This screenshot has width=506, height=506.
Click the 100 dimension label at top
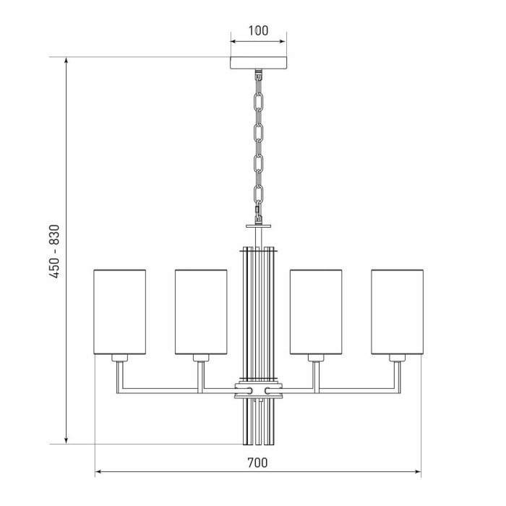[258, 30]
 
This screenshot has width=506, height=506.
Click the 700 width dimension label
[257, 463]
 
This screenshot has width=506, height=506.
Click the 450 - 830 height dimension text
[55, 251]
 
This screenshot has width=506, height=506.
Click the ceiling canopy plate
[258, 63]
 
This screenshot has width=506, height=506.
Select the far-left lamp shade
[120, 312]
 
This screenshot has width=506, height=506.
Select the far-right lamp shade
[397, 312]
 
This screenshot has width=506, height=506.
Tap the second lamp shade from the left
[201, 312]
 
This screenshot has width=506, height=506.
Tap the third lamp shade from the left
[316, 312]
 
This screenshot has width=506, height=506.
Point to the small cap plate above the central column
[258, 226]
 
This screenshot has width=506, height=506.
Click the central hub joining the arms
[258, 391]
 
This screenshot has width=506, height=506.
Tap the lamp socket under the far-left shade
[120, 358]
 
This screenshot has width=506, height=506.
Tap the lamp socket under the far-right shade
[397, 358]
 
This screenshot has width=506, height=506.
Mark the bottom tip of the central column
[258, 442]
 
